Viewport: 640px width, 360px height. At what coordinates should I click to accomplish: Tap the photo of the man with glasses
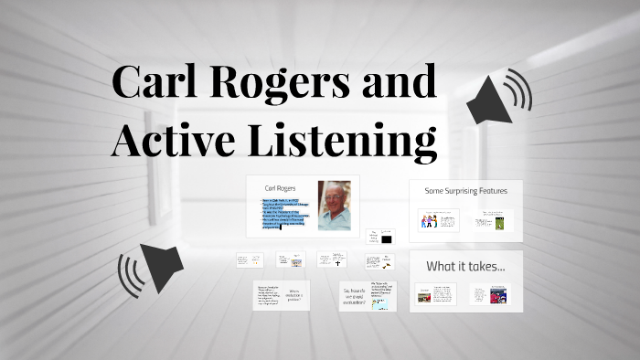(334, 206)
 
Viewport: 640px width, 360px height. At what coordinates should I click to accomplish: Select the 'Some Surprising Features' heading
(466, 191)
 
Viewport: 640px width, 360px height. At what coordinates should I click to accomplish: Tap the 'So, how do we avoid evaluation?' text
(356, 294)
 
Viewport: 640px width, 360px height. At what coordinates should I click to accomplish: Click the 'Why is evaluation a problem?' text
(293, 295)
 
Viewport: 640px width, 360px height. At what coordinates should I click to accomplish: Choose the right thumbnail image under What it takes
(498, 295)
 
